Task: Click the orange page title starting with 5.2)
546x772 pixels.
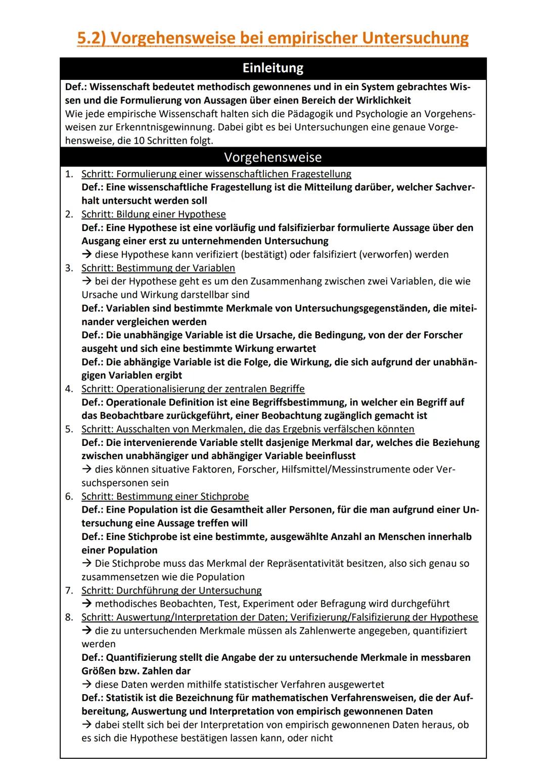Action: coord(273,38)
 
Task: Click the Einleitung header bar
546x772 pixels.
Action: coord(273,68)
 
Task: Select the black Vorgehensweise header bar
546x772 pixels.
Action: coord(273,157)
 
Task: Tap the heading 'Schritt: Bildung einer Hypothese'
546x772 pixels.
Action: coord(154,214)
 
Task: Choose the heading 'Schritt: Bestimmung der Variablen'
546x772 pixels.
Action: coord(158,268)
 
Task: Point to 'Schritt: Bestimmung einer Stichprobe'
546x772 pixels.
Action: coord(165,496)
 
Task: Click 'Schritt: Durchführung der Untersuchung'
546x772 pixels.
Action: coord(171,590)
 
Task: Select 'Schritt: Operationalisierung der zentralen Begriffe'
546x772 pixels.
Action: coord(193,389)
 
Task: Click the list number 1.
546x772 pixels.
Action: coord(69,174)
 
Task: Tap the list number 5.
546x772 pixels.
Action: coord(69,429)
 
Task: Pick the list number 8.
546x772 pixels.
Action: coord(69,617)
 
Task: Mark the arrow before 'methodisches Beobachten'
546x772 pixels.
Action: coord(86,604)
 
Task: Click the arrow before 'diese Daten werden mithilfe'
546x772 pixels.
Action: coord(86,685)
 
